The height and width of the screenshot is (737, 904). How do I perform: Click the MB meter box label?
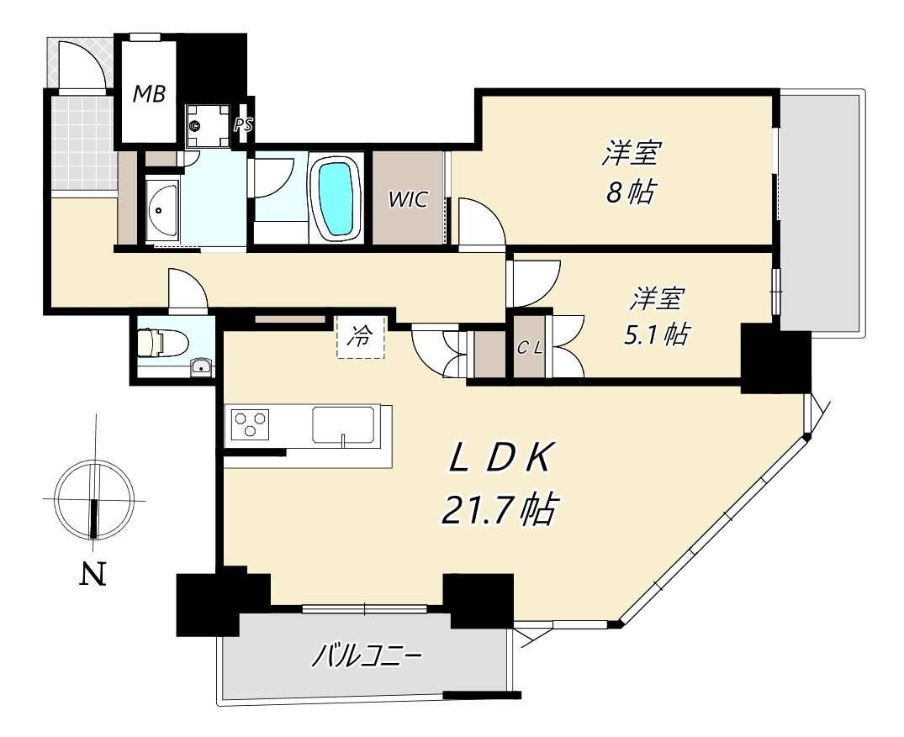click(x=150, y=93)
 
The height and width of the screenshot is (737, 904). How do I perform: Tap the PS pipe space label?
click(x=243, y=124)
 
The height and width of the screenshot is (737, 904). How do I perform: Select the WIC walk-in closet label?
click(x=408, y=199)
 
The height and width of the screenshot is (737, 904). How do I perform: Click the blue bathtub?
click(x=336, y=197)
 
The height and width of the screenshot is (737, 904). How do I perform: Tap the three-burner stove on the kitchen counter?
click(x=251, y=424)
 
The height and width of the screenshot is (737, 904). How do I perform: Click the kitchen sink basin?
click(x=344, y=425)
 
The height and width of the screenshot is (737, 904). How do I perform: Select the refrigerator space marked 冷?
click(x=360, y=337)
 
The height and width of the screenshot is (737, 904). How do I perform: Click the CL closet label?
click(x=529, y=348)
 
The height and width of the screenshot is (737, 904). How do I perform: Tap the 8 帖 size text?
click(x=631, y=192)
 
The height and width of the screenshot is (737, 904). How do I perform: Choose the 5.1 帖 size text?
click(x=657, y=334)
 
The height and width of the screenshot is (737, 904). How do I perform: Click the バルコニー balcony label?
click(x=367, y=656)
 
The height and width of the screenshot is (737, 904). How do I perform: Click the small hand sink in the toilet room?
click(x=201, y=366)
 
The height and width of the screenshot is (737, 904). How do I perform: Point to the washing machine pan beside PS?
click(x=207, y=126)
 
